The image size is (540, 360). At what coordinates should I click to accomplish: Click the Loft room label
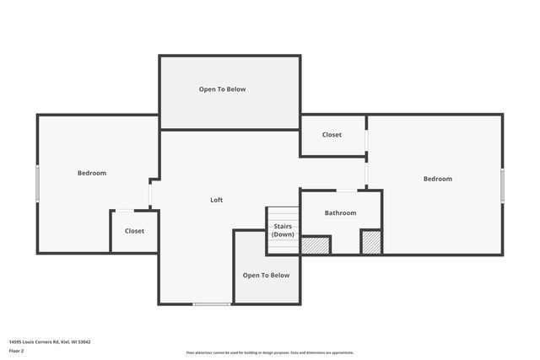[x=217, y=200]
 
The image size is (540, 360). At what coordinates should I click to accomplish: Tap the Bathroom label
[x=341, y=213]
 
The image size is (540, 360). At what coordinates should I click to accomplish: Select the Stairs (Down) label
[x=283, y=230]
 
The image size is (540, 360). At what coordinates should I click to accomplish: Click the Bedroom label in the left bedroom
[x=92, y=173]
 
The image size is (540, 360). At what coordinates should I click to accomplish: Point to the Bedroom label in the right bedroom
[x=438, y=179]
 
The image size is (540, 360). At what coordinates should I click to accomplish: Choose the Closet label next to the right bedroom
[x=332, y=135]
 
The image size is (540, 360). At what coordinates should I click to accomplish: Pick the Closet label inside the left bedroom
[x=134, y=231]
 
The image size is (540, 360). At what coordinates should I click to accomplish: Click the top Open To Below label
[x=223, y=89]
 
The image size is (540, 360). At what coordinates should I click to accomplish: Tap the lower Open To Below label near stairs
[x=267, y=276]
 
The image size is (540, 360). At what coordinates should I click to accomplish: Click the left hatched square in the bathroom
[x=316, y=244]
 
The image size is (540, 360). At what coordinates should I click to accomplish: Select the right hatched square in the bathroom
[x=371, y=242]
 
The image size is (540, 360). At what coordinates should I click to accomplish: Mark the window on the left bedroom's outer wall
[x=37, y=184]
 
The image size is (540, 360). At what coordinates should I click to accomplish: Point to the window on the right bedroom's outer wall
[x=503, y=185]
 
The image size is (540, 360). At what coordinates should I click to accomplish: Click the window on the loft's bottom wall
[x=212, y=304]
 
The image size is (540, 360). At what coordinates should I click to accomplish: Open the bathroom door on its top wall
[x=347, y=190]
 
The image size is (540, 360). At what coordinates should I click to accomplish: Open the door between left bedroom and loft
[x=150, y=194]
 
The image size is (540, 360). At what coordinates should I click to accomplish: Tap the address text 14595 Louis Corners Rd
[x=50, y=341]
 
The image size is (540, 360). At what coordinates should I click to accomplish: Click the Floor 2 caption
[x=16, y=350]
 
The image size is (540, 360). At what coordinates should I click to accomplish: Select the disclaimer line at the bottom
[x=270, y=352]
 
